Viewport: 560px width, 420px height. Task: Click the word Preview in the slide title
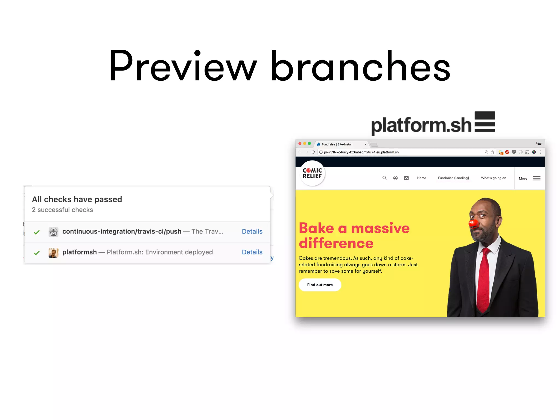click(183, 66)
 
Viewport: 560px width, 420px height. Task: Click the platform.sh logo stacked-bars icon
click(485, 122)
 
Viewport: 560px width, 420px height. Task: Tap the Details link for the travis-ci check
click(252, 232)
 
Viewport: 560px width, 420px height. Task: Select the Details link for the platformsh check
click(252, 252)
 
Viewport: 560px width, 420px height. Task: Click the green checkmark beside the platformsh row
click(37, 253)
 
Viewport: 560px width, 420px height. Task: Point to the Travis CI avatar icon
click(53, 232)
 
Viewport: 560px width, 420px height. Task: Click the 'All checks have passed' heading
click(77, 199)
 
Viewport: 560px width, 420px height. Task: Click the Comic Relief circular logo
click(312, 173)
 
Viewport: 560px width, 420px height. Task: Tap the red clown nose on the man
click(473, 223)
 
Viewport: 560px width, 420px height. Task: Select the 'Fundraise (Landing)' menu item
click(453, 178)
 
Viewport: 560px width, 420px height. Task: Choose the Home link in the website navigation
click(421, 178)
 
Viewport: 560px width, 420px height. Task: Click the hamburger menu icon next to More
click(536, 178)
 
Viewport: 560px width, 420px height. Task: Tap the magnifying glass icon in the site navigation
click(384, 178)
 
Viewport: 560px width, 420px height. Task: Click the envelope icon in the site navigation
click(406, 178)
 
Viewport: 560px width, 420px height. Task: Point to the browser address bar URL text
click(361, 152)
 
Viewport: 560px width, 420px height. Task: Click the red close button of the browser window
click(300, 144)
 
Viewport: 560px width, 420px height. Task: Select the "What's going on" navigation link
click(493, 178)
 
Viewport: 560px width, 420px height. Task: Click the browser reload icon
click(313, 152)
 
